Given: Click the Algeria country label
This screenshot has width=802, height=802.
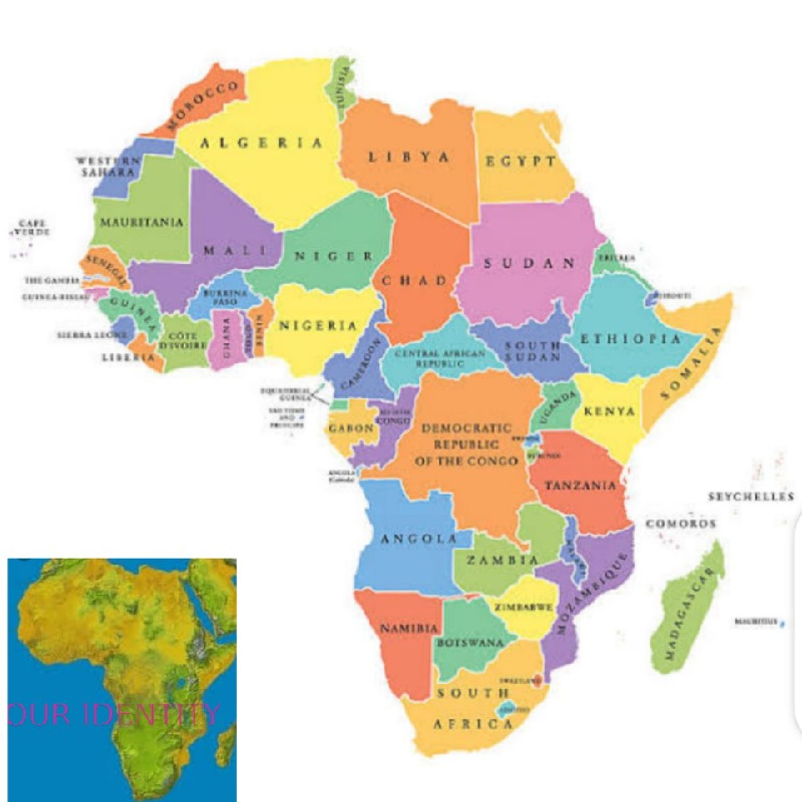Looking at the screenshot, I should pos(261,143).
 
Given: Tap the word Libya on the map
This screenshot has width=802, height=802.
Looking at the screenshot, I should pos(408,157).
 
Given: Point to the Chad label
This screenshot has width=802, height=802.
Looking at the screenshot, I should pos(414,281).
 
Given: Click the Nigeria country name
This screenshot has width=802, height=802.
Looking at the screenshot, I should pos(318,326).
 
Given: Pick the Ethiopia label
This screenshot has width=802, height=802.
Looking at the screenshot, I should pos(631,339).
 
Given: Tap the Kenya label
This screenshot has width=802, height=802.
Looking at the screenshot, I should pos(610,411).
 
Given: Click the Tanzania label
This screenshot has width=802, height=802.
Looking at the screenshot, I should pos(580,486).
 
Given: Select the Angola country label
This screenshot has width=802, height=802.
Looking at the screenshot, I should pos(419,539).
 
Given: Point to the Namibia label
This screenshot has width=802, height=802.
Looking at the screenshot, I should pos(409,628).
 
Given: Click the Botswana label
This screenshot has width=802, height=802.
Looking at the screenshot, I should pos(470,643).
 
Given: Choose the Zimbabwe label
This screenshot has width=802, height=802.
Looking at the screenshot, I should pos(524,607).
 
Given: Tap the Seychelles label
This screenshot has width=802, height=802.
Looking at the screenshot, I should pos(751,497).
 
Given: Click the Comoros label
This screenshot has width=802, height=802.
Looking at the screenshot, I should pos(681,524).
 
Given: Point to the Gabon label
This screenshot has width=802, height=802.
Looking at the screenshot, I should pos(351,428).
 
